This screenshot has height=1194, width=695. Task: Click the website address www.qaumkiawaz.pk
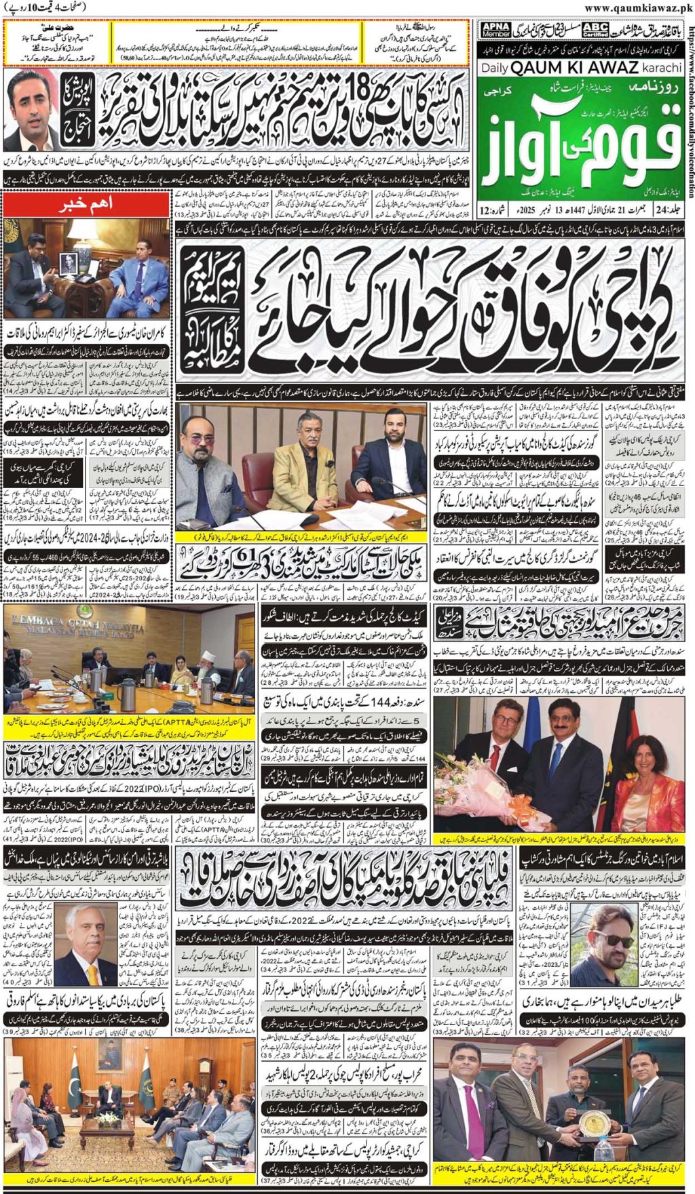click(638, 8)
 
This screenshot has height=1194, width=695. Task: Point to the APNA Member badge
click(495, 29)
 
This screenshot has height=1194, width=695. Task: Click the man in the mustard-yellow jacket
click(299, 468)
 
